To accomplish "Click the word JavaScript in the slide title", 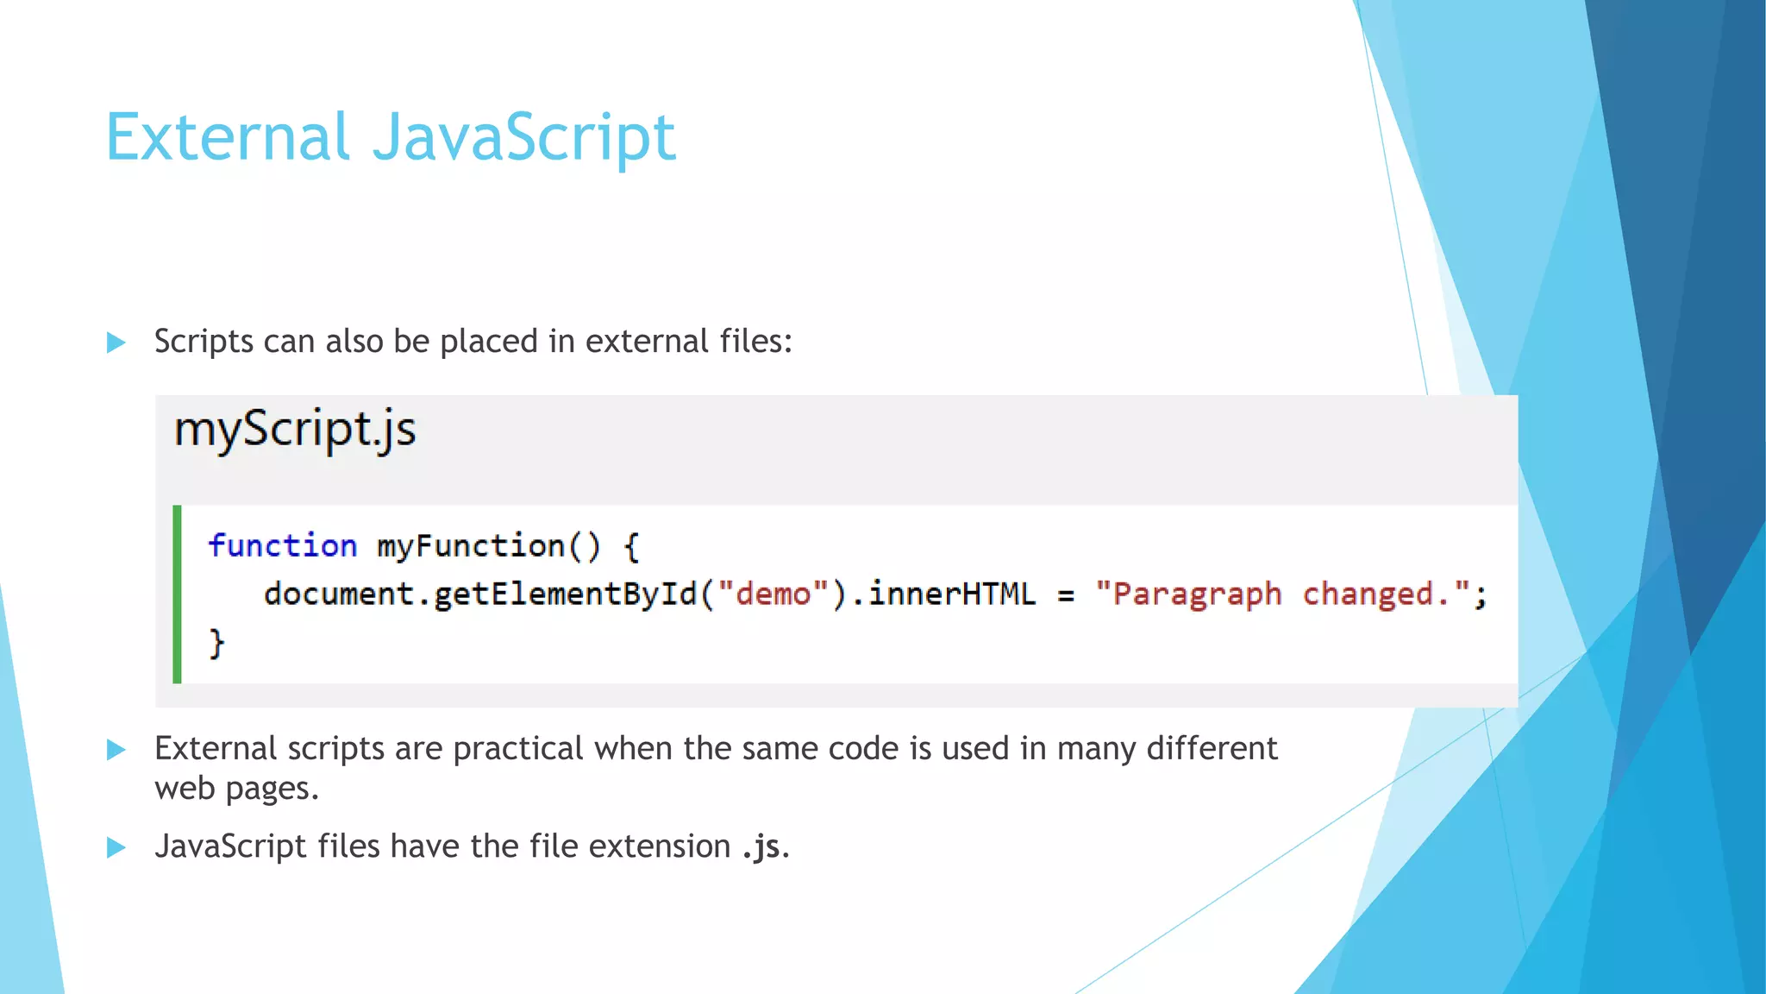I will [524, 138].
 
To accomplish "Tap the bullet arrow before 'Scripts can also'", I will [116, 343].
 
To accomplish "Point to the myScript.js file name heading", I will [295, 429].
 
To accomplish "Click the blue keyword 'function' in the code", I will [282, 546].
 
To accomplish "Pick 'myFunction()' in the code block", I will [488, 546].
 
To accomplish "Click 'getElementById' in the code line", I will [565, 594].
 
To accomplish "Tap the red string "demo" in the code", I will [773, 594].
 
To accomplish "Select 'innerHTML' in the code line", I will [951, 594].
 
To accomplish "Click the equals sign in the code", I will [1066, 595].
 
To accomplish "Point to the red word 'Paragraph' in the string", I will [1197, 595].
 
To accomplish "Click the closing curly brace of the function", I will [216, 644].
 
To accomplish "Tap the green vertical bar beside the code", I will [178, 595].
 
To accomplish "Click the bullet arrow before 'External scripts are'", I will [116, 750].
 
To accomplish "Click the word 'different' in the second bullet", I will [1212, 748].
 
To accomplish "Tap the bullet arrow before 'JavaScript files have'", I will [116, 847].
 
